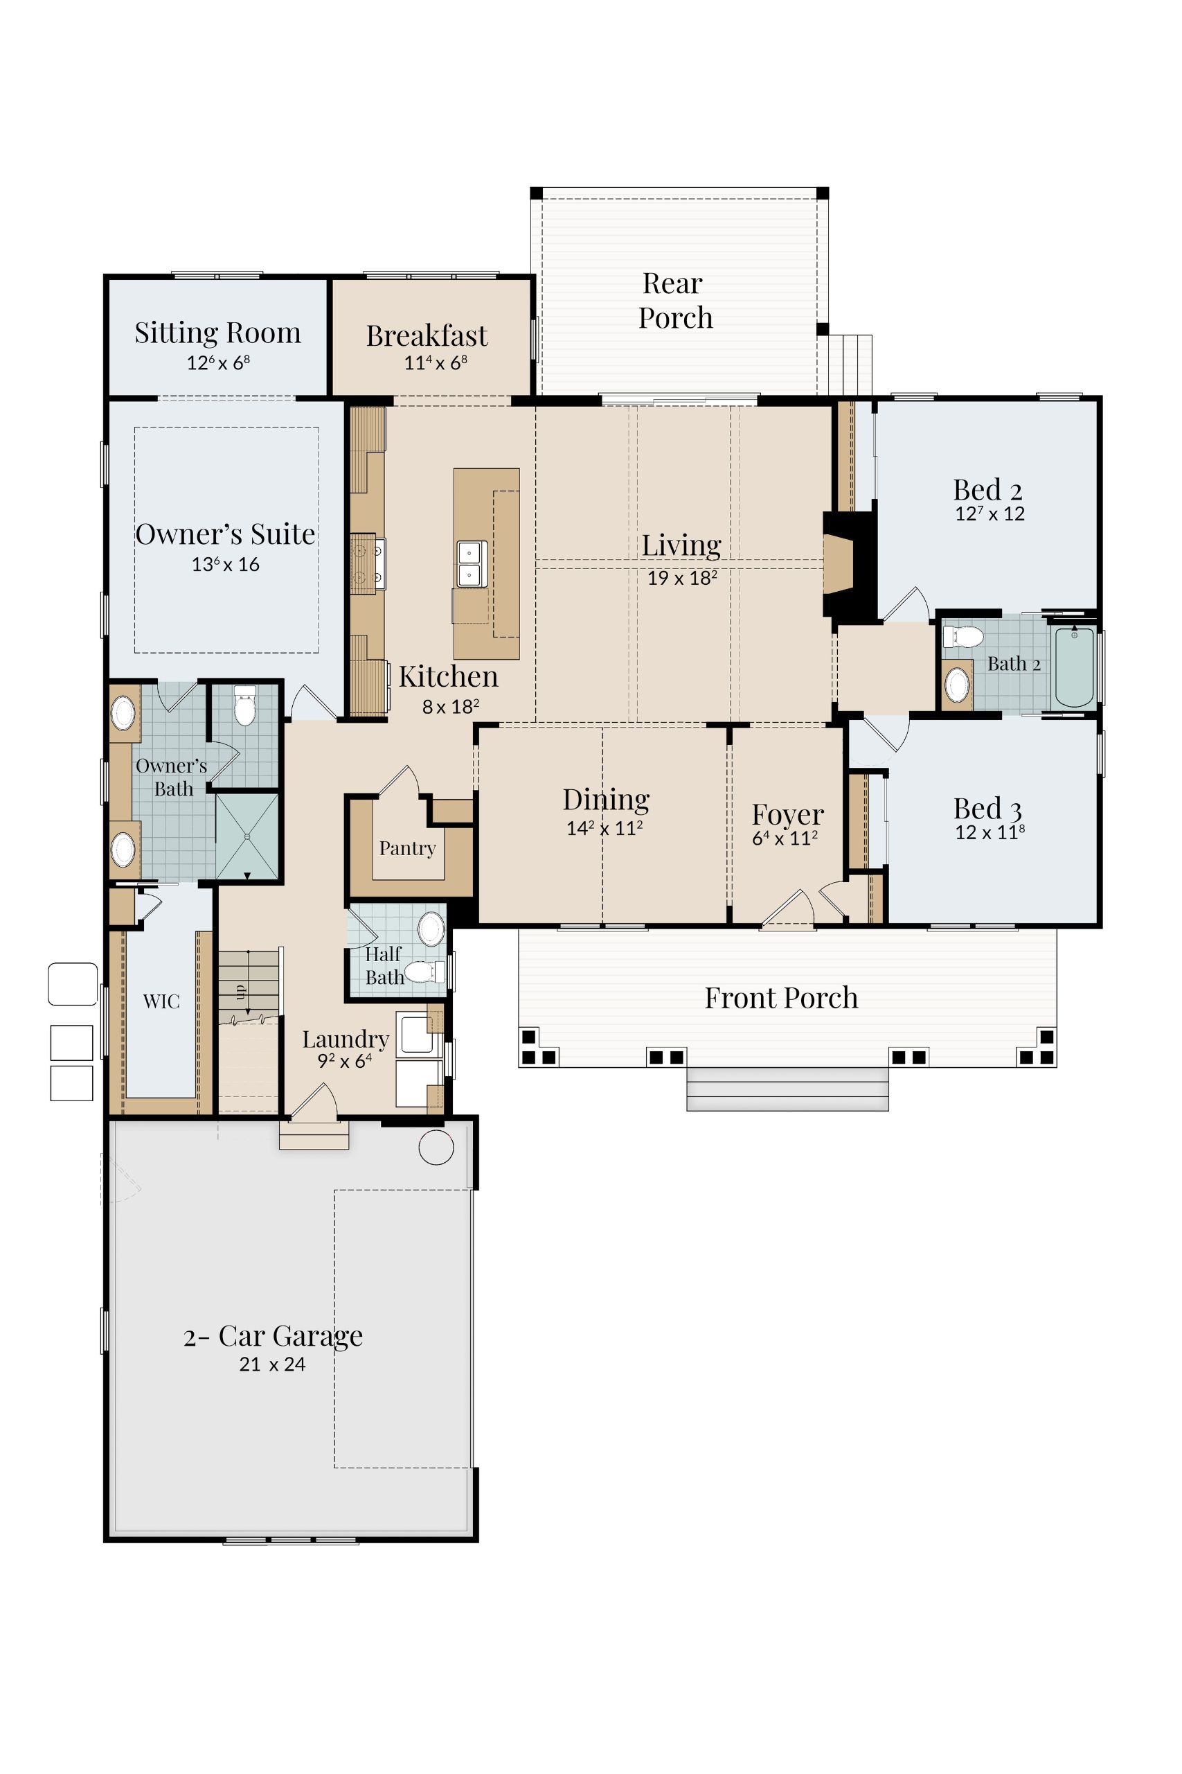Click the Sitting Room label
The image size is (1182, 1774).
pyautogui.click(x=218, y=333)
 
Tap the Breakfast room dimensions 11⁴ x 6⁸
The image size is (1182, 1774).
pyautogui.click(x=436, y=363)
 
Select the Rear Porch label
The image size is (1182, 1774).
pyautogui.click(x=675, y=300)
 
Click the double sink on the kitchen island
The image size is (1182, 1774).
pyautogui.click(x=472, y=564)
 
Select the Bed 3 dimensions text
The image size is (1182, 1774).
pyautogui.click(x=990, y=832)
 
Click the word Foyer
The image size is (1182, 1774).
pyautogui.click(x=788, y=816)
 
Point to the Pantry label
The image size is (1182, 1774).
pyautogui.click(x=408, y=848)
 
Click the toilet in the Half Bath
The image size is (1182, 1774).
pyautogui.click(x=425, y=972)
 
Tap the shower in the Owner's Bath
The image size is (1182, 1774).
pyautogui.click(x=247, y=836)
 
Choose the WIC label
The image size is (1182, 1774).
pyautogui.click(x=161, y=1001)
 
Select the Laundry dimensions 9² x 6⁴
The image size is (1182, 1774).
pyautogui.click(x=345, y=1061)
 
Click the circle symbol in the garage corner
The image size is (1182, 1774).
pyautogui.click(x=436, y=1148)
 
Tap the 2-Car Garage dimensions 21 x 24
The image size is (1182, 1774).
pyautogui.click(x=272, y=1364)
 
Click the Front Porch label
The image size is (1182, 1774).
pyautogui.click(x=782, y=998)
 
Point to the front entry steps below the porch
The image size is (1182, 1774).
pyautogui.click(x=788, y=1089)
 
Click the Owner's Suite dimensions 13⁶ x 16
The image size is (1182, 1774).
pyautogui.click(x=226, y=564)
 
